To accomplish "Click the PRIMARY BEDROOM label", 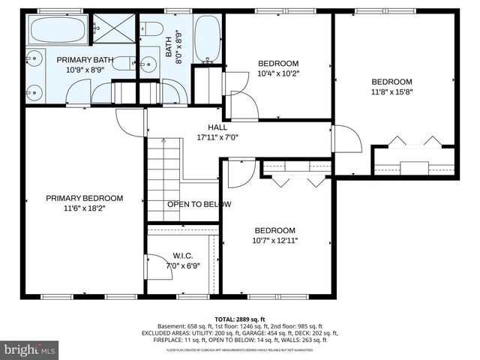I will [x=84, y=198].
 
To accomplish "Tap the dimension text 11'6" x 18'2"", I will [x=84, y=208].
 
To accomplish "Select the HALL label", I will [x=217, y=127].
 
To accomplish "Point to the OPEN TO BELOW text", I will [x=199, y=204].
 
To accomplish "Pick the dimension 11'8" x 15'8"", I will [x=392, y=91].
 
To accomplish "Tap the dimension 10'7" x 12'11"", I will [x=274, y=241].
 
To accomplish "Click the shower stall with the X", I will [x=113, y=30].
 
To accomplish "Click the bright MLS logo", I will [x=30, y=349].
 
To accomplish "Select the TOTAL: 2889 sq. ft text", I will [x=240, y=319].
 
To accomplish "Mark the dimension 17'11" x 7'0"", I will [x=217, y=137].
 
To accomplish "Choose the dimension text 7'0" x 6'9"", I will [x=184, y=265].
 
